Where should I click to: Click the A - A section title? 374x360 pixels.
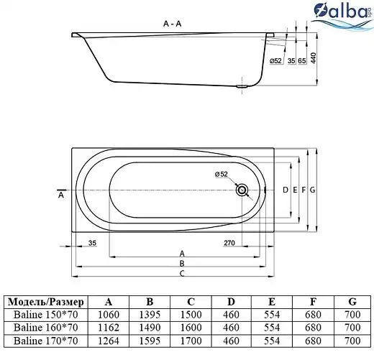click(172, 24)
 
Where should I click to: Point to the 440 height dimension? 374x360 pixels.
click(314, 58)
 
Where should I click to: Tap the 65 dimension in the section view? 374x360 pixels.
click(302, 61)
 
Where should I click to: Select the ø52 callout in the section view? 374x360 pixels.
click(275, 61)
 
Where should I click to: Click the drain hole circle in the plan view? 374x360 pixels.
click(242, 190)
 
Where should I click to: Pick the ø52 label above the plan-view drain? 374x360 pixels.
click(222, 174)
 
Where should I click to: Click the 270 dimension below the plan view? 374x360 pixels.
click(229, 243)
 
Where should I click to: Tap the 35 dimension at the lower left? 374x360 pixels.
click(92, 243)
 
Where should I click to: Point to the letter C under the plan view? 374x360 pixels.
click(182, 273)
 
